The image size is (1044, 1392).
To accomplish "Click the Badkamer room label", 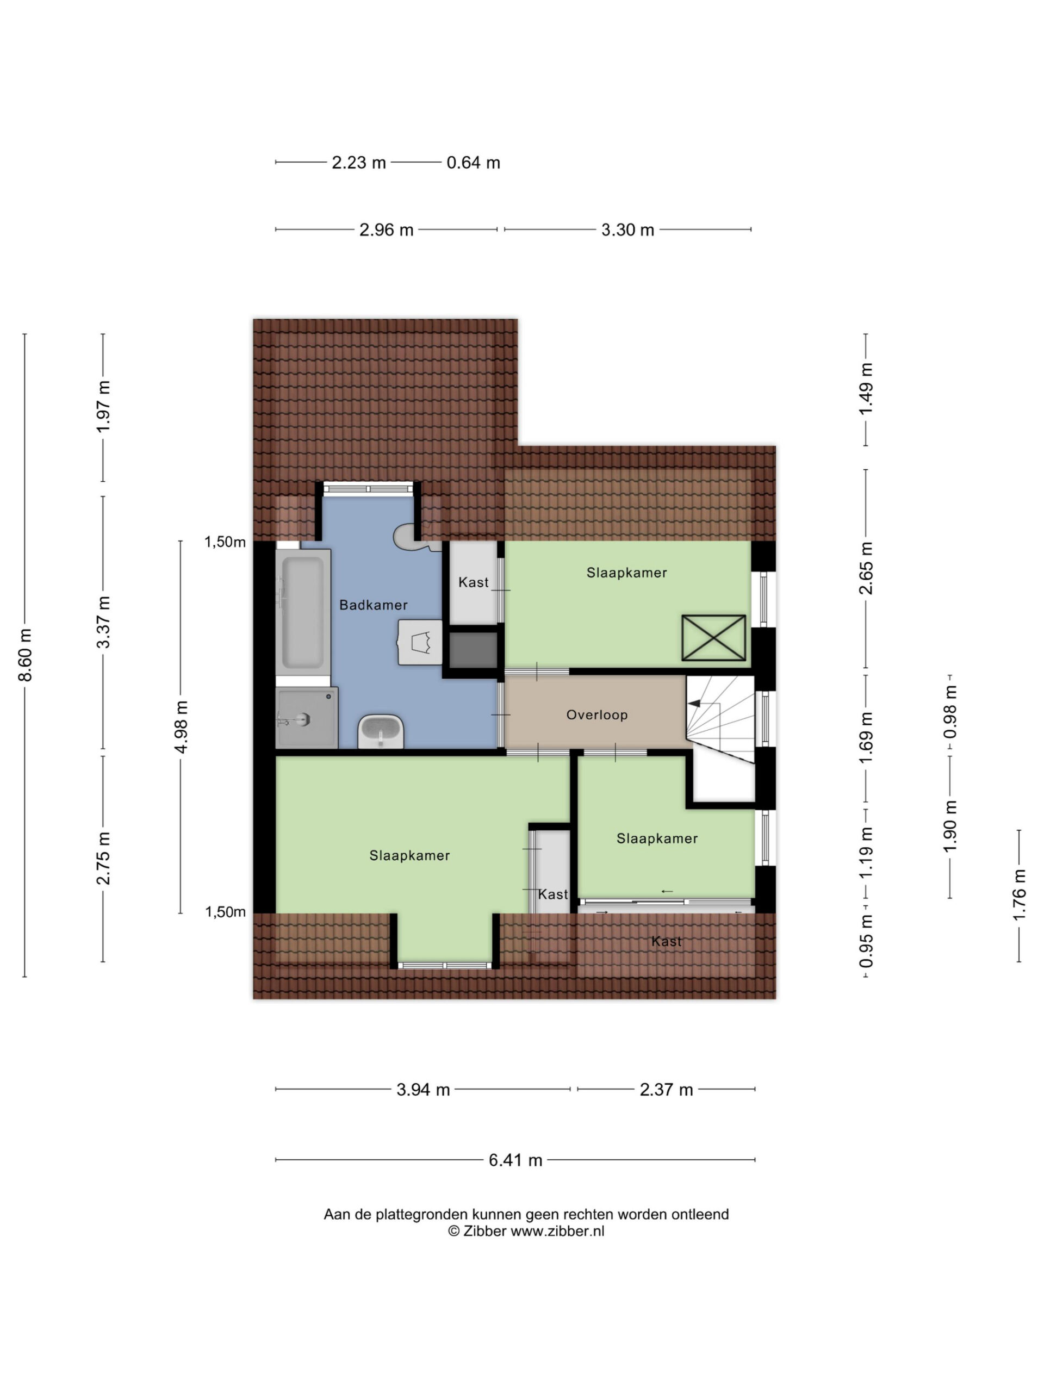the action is tap(373, 605).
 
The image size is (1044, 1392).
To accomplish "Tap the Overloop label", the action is tap(596, 715).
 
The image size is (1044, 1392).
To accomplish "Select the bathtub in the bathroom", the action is tap(303, 611).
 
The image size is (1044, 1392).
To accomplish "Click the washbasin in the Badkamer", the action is tap(381, 731).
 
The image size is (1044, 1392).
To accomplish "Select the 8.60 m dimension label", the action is tap(25, 655).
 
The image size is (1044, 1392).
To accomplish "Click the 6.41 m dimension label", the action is tap(515, 1160).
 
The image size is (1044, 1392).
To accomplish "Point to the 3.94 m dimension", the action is tap(423, 1089).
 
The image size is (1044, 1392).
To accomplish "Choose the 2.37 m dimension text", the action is tap(666, 1089).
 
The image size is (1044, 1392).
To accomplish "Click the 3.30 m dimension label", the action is tap(627, 229).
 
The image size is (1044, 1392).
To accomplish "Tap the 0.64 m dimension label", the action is tap(473, 163).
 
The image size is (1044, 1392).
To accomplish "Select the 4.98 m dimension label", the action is tap(181, 727).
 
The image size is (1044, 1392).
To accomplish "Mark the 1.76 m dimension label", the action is tap(1019, 895).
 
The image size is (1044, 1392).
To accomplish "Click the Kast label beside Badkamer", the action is tap(473, 582).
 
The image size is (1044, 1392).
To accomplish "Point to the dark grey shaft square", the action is tap(473, 650).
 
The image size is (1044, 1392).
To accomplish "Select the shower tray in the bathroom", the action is tap(307, 717).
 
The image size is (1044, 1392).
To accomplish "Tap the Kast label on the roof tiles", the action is tap(667, 941).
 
